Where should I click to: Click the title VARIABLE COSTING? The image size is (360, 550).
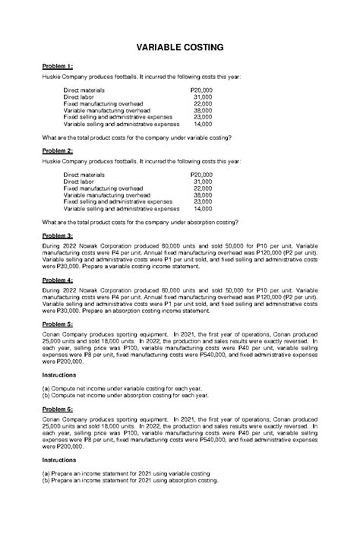click(x=180, y=47)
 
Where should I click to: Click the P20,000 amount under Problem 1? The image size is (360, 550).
click(x=200, y=90)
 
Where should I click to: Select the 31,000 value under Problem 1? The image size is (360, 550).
click(x=203, y=97)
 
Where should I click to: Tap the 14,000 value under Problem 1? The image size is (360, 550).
click(x=203, y=123)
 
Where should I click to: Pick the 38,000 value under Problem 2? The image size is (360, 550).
click(x=203, y=194)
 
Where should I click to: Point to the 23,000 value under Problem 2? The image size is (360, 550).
click(x=203, y=201)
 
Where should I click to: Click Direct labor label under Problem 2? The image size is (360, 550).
click(x=82, y=182)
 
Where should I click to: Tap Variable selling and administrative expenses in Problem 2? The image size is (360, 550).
click(x=122, y=208)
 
